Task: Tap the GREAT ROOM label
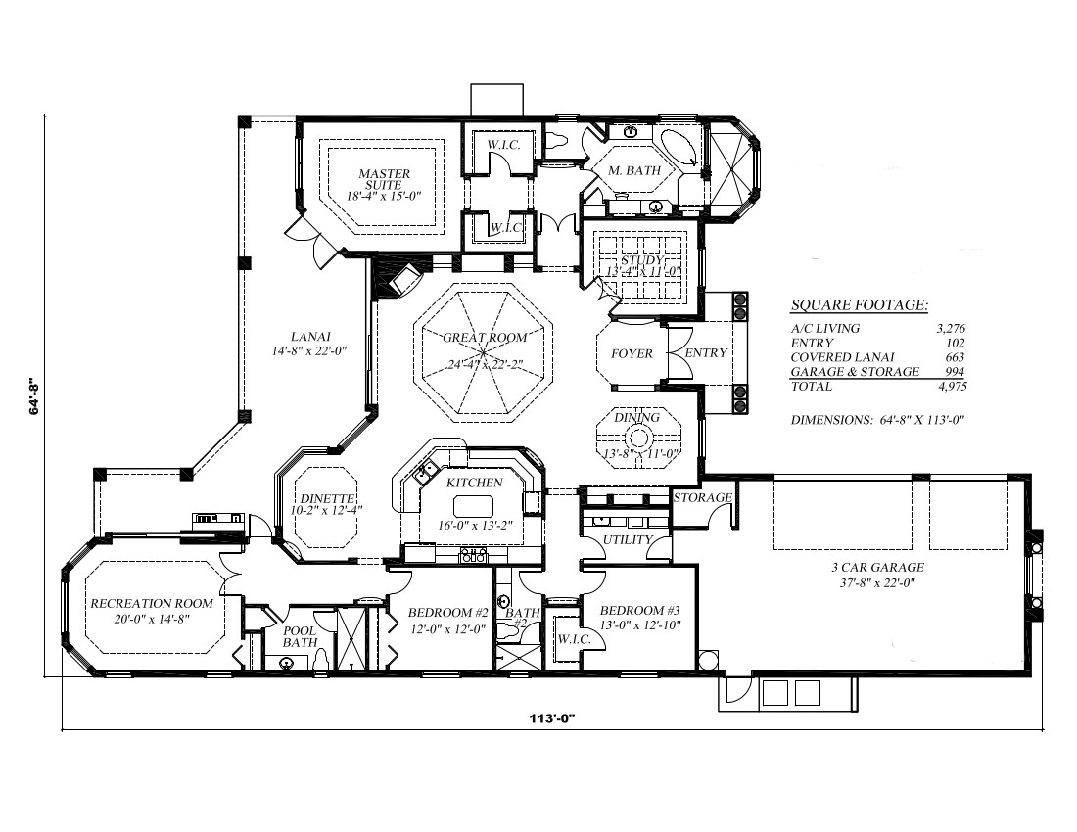tap(485, 338)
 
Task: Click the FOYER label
tap(632, 353)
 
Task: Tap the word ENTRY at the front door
tap(706, 353)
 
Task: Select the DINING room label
tap(636, 418)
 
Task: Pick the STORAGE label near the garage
tap(703, 498)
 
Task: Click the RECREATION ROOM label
tap(151, 604)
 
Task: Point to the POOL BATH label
tap(300, 637)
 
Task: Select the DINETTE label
tap(319, 496)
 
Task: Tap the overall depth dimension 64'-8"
tap(35, 395)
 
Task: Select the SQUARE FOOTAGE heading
tap(859, 306)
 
